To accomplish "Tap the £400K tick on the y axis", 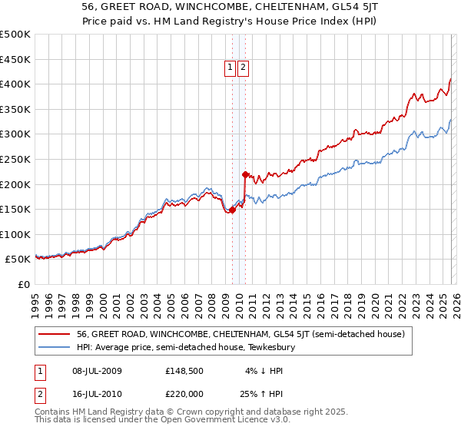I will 15,84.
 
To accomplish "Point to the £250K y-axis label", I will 15,159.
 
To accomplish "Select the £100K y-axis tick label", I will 15,234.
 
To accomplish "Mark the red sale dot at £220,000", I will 245,174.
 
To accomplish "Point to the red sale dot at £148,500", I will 232,210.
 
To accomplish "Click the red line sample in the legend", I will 55,334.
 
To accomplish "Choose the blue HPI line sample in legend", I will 55,348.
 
